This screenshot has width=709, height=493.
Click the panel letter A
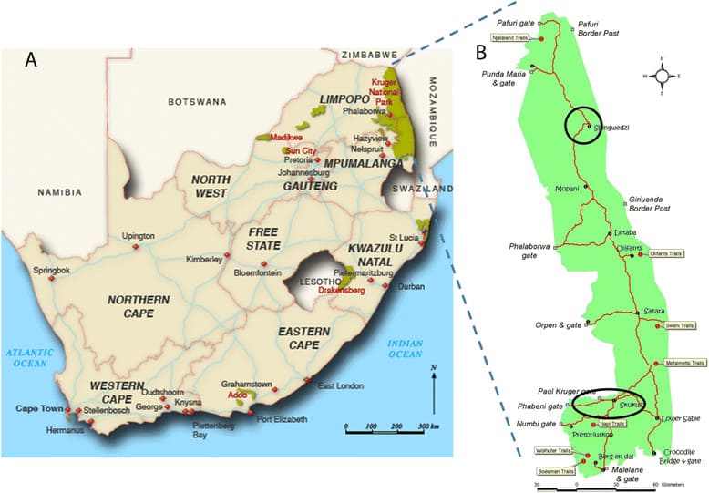32,60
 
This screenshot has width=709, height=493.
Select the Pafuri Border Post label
599,28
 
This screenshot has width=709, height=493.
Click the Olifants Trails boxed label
667,253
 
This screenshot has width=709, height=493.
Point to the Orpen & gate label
557,324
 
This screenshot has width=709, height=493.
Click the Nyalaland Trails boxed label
511,38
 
